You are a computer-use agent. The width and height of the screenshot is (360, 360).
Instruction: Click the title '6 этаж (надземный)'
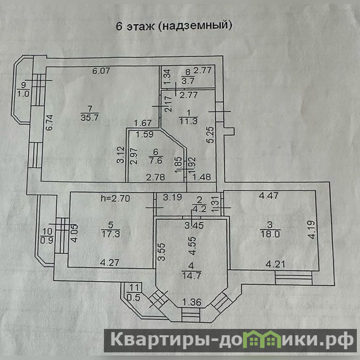[174, 26]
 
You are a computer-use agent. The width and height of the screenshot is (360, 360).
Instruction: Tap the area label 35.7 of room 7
[90, 117]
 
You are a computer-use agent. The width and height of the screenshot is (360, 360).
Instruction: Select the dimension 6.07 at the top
[101, 71]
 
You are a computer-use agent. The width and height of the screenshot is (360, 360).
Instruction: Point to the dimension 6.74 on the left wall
[49, 122]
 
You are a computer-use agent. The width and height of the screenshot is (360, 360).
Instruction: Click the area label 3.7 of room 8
[188, 81]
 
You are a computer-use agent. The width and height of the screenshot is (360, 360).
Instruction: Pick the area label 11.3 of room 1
[188, 121]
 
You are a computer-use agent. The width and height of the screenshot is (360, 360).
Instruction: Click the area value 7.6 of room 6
[156, 160]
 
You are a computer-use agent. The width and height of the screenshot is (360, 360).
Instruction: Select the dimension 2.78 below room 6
[155, 177]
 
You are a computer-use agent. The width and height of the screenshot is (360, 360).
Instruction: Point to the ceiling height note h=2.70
[116, 198]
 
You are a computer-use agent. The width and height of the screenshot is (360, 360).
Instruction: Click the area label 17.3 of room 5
[111, 234]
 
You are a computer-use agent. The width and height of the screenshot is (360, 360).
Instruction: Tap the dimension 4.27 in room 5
[109, 262]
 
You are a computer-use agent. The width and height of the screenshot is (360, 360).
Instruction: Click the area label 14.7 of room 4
[191, 275]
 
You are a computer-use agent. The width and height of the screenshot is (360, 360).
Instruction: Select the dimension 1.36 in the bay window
[192, 302]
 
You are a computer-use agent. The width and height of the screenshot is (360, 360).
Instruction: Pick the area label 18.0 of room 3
[270, 234]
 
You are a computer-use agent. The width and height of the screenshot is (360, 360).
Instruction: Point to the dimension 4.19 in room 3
[312, 230]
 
